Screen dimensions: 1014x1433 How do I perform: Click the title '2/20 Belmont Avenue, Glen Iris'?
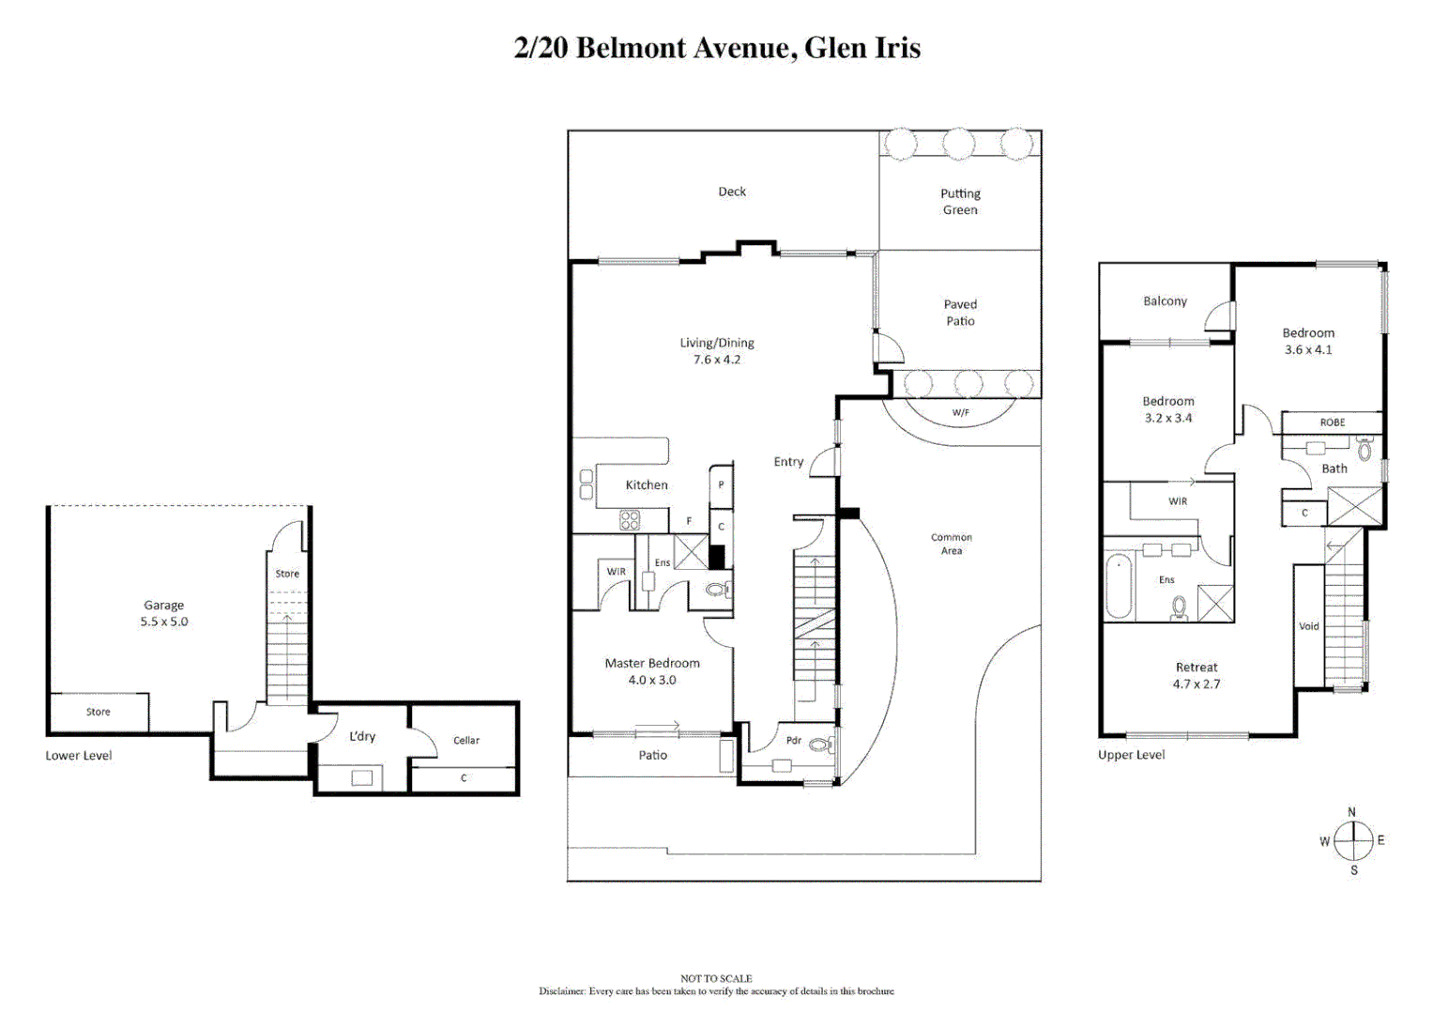coord(717,48)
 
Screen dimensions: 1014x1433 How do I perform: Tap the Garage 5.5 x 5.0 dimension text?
coord(164,622)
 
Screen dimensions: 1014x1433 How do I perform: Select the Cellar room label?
coord(466,740)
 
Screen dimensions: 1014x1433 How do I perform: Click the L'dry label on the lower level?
coord(362,736)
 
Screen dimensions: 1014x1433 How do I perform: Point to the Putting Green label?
coord(960,202)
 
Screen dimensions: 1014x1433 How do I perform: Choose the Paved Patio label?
coord(960,313)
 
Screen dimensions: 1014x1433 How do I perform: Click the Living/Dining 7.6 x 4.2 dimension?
coord(717,360)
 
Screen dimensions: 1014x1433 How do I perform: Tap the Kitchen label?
coord(647,484)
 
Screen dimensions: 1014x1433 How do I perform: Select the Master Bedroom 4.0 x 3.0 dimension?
coord(652,680)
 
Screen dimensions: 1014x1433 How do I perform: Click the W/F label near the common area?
coord(960,412)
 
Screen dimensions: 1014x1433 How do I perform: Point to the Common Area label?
coord(952,544)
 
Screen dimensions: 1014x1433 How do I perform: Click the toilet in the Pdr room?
coord(819,745)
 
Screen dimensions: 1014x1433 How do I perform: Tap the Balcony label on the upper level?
coord(1165,300)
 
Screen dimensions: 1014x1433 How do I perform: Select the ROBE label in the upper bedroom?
coord(1332,422)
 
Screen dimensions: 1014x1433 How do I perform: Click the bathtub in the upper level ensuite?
coord(1119,587)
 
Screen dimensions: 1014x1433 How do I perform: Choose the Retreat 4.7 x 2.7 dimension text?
coord(1197,684)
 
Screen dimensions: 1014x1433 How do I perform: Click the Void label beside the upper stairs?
coord(1308,626)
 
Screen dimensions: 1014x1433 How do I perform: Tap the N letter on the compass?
coord(1351,812)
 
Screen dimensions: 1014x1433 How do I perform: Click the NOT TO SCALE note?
coord(716,978)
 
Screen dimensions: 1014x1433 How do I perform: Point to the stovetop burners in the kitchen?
coord(630,519)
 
